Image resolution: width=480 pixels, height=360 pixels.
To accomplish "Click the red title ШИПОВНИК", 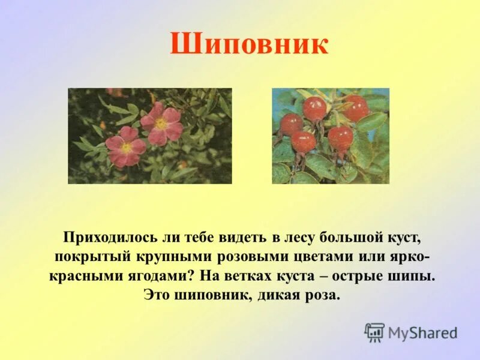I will tap(249, 45).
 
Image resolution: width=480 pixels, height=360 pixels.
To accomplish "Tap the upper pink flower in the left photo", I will tap(161, 124).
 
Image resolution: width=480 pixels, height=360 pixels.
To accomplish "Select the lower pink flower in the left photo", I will tap(126, 148).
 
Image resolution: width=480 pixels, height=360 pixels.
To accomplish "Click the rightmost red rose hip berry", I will tap(355, 108).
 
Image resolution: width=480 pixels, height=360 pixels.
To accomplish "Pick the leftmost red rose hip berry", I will tap(291, 124).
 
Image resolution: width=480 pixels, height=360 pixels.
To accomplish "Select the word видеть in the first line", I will tap(241, 237).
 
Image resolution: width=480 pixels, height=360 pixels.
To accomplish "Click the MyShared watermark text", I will tap(422, 332).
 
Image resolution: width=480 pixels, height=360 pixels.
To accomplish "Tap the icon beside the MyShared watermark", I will tap(374, 332).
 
